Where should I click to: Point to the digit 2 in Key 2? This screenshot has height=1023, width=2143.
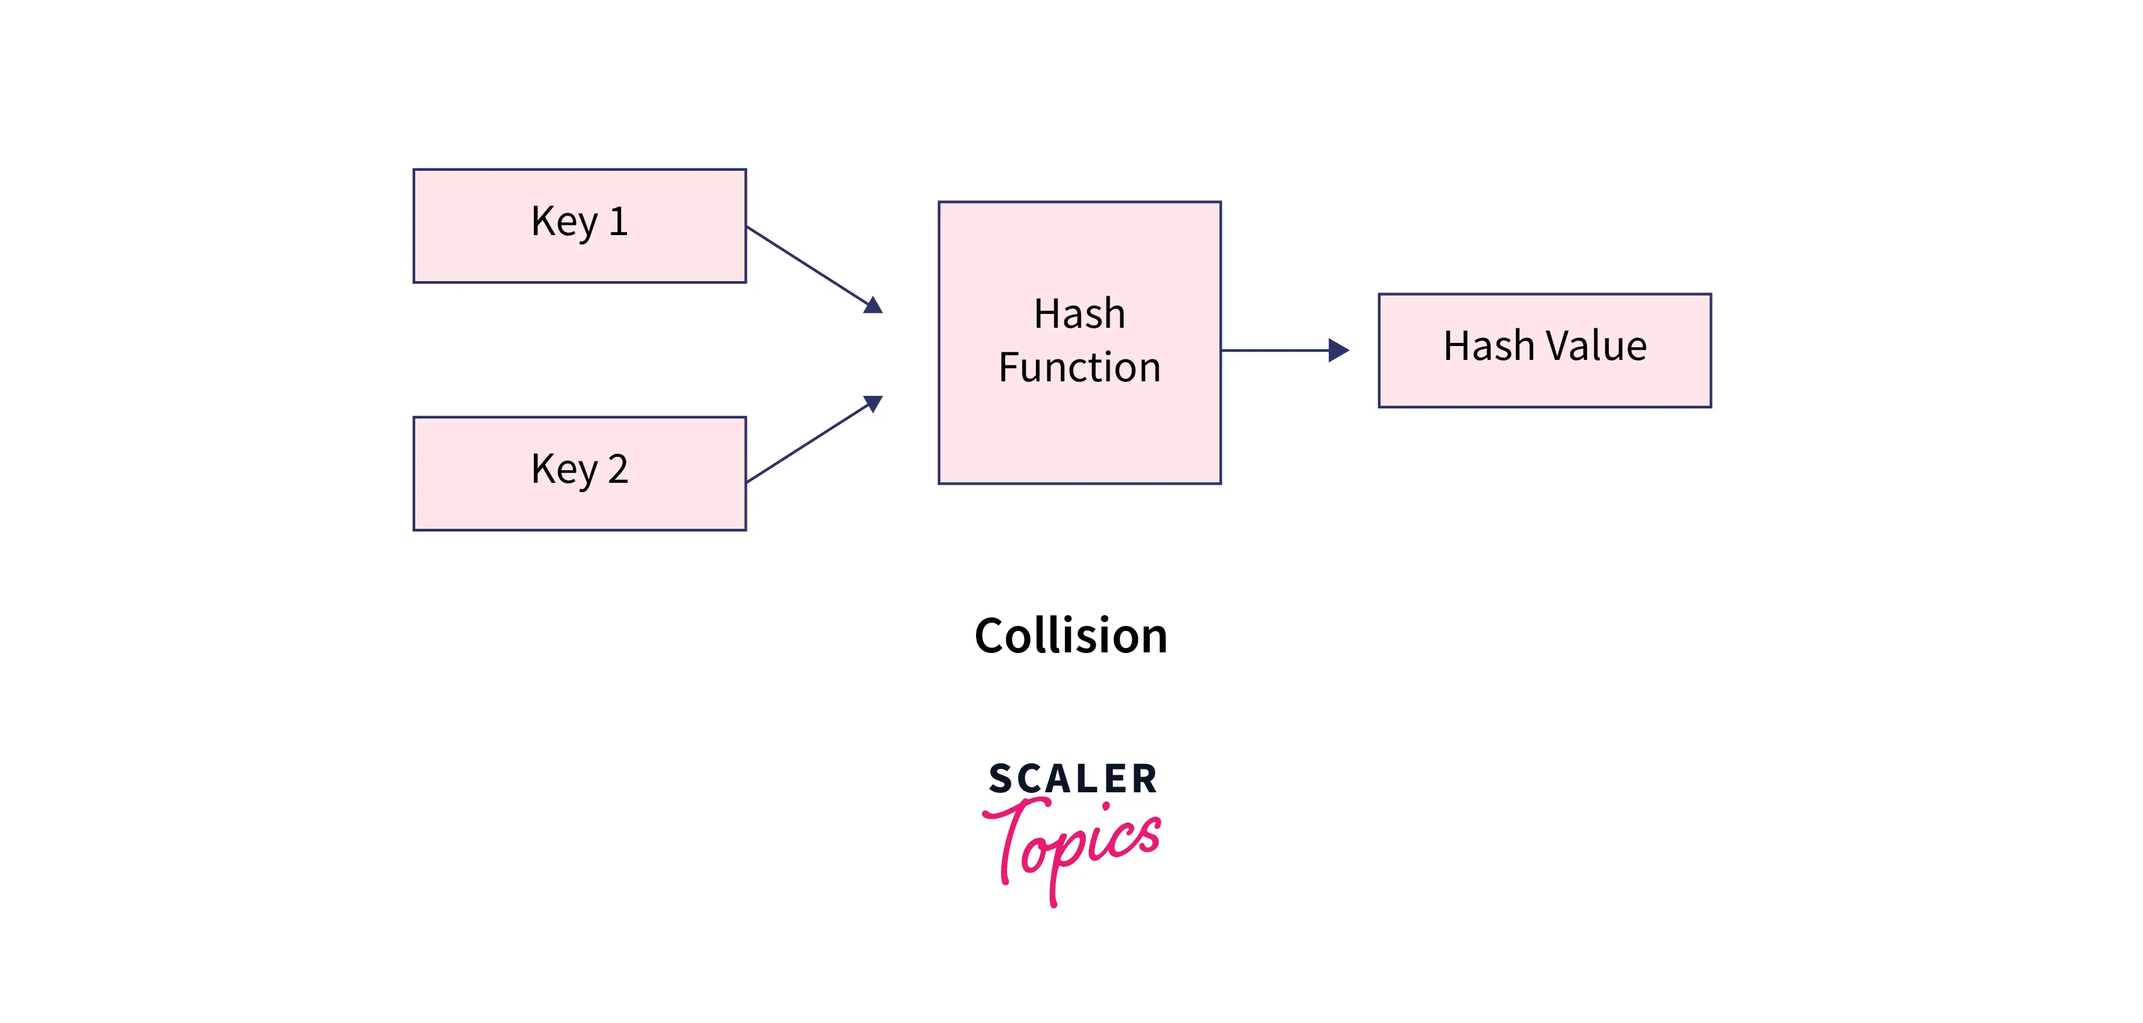tap(618, 470)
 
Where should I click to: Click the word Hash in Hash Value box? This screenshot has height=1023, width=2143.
tap(1488, 346)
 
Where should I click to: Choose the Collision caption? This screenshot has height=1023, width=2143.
tap(1071, 637)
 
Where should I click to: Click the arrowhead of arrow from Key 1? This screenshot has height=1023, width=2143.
tap(873, 306)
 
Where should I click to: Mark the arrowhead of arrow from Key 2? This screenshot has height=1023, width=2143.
tap(873, 403)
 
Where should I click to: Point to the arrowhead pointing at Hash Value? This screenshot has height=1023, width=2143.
tap(1337, 350)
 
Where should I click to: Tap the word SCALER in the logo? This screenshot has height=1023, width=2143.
tap(1072, 779)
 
